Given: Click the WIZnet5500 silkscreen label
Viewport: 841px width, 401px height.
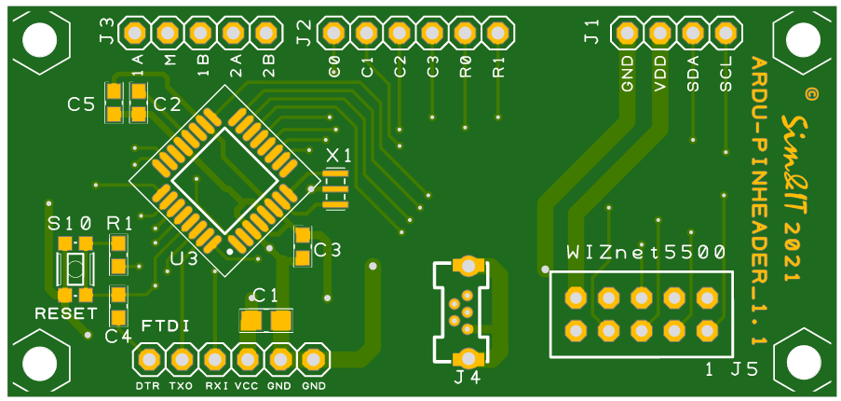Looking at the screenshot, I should click(645, 252).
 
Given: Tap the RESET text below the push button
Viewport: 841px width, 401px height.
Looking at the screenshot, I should click(65, 312).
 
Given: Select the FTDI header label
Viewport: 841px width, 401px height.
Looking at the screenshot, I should click(166, 325).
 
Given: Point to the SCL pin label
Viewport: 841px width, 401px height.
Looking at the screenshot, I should click(726, 75).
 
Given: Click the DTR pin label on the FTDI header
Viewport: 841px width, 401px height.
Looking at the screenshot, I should click(147, 385).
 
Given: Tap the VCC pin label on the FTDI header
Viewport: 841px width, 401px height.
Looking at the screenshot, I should click(247, 385).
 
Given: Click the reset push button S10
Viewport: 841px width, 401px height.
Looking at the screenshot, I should click(75, 270).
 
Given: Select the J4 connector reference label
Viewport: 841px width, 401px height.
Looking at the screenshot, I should click(468, 378).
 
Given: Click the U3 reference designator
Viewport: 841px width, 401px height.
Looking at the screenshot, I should click(183, 258).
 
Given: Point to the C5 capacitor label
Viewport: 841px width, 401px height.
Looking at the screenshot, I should click(81, 104).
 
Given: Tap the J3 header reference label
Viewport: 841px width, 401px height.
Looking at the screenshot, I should click(106, 34).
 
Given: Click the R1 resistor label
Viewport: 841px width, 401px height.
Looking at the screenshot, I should click(119, 223).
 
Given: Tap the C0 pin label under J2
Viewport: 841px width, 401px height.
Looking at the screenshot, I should click(334, 66).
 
